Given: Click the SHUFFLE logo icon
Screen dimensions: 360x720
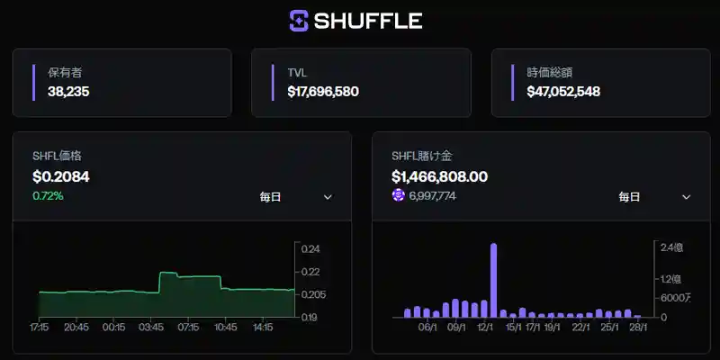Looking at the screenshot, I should (299, 20).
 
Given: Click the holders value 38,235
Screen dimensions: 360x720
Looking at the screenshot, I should (68, 91).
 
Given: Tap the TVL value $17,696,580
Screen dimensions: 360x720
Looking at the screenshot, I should (323, 91).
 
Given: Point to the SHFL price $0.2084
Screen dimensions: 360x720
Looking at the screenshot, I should (60, 176).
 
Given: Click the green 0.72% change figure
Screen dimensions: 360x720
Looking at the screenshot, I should (48, 195).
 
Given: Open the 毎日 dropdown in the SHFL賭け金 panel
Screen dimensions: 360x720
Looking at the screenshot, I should (654, 197).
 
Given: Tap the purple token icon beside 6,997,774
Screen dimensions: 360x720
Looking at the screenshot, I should (399, 195).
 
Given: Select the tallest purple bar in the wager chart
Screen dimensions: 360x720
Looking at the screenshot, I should (493, 279).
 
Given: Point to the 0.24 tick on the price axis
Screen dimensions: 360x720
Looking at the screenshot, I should (310, 249).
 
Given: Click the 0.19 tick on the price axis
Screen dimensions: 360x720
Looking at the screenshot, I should (310, 317).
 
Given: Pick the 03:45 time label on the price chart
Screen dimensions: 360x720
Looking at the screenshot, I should (151, 328).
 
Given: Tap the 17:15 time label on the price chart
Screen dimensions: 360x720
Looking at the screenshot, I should (40, 328).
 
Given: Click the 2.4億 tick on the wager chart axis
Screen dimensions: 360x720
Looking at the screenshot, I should (671, 247).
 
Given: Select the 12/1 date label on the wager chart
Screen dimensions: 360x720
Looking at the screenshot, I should (487, 328).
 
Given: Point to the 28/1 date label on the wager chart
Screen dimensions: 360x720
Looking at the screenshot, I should (638, 328).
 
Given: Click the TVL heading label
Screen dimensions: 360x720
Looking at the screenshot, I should (297, 72).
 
